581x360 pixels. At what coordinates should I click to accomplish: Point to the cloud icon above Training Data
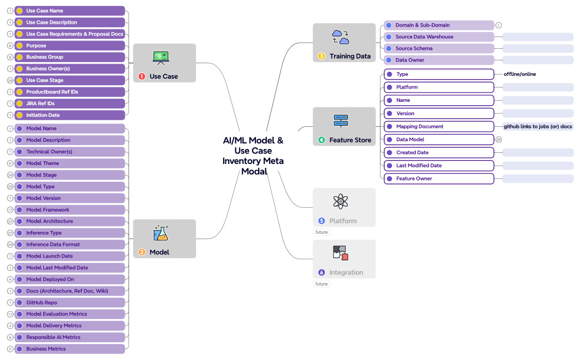pyautogui.click(x=340, y=37)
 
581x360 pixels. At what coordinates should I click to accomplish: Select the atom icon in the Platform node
pyautogui.click(x=340, y=202)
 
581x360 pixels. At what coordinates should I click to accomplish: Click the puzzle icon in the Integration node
pyautogui.click(x=340, y=253)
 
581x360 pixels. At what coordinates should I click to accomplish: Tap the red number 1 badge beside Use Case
pyautogui.click(x=142, y=76)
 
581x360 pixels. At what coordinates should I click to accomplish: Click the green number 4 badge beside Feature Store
pyautogui.click(x=322, y=140)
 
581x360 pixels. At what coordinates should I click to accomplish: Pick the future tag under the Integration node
pyautogui.click(x=322, y=284)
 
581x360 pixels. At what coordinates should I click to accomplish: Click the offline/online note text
pyautogui.click(x=520, y=74)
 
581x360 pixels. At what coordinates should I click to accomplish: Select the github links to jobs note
pyautogui.click(x=537, y=126)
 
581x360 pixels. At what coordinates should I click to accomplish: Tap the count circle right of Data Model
pyautogui.click(x=498, y=140)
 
